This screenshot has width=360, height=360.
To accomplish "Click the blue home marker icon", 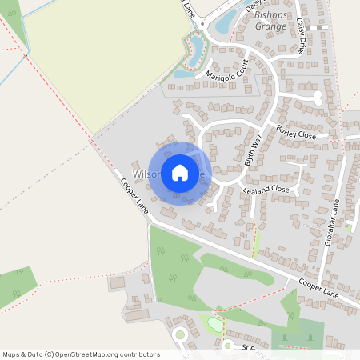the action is [180, 173].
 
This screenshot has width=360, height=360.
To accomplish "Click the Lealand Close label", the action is [267, 189].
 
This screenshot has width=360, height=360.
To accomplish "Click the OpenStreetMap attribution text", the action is [81, 354].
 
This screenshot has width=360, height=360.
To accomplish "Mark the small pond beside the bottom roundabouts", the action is [214, 325].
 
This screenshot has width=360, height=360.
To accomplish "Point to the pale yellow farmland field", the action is [104, 60].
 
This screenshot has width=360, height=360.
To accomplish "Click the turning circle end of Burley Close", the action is [318, 98].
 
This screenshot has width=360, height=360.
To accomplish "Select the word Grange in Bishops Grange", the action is [270, 26].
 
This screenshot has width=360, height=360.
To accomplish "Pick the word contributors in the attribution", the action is [138, 354].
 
